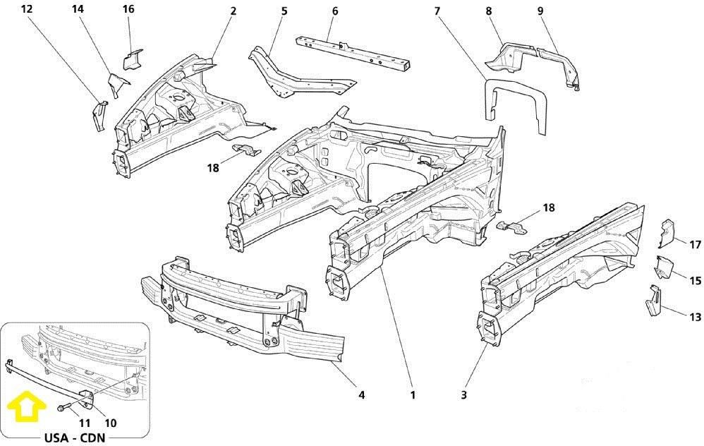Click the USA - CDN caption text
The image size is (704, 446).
coord(75,438)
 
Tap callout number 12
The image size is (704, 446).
coord(27,8)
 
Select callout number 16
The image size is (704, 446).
coord(128,8)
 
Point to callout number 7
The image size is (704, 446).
coord(437,11)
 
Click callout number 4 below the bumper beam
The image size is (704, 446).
coord(361,394)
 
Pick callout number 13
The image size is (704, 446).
coord(695,317)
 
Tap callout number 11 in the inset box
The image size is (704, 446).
coord(85,423)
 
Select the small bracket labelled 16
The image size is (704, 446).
coord(132,60)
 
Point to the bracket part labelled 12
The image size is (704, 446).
coord(99,116)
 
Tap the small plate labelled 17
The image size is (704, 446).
coord(667,234)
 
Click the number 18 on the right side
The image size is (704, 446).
coord(549,207)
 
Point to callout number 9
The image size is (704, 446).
coord(540,11)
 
